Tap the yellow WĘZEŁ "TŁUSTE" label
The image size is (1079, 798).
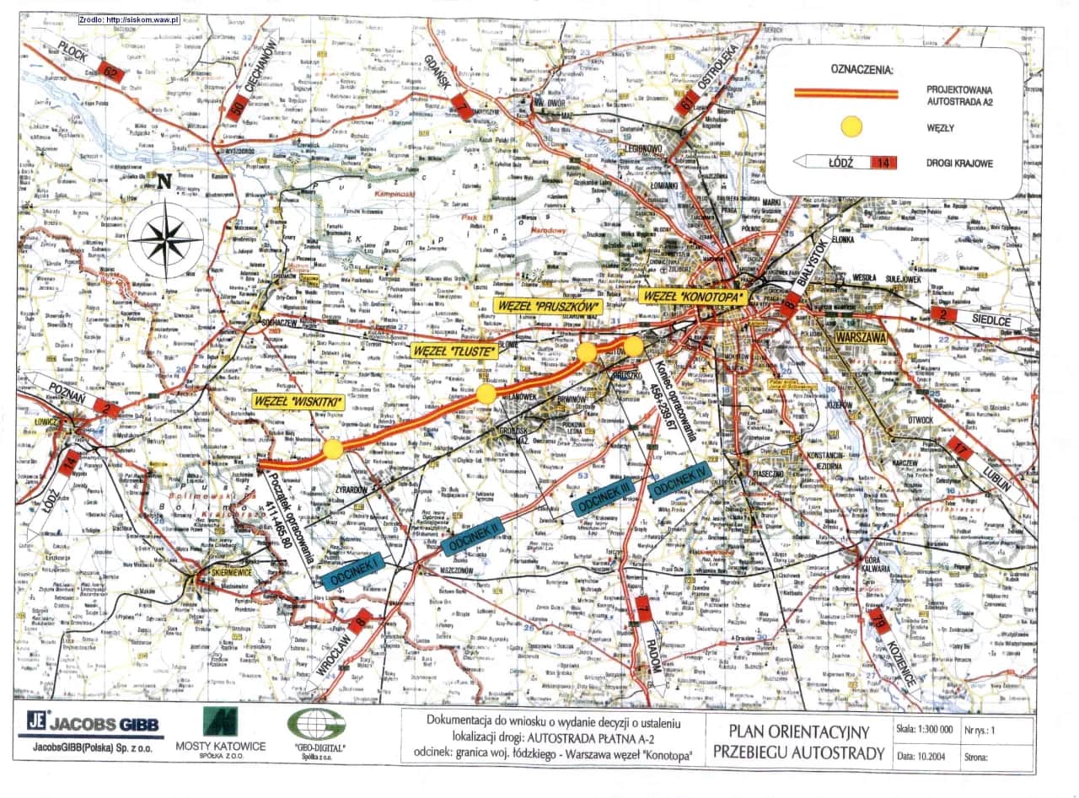tap(454, 351)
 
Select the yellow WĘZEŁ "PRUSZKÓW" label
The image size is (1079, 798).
tap(545, 304)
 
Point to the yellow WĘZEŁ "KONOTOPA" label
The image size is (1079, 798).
tap(694, 297)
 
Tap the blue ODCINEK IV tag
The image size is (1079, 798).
tap(684, 478)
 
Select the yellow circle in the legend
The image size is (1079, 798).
tap(853, 127)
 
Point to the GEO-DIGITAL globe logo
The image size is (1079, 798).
tap(315, 724)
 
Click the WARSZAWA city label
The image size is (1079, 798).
tap(861, 336)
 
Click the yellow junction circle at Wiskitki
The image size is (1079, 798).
tap(333, 449)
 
